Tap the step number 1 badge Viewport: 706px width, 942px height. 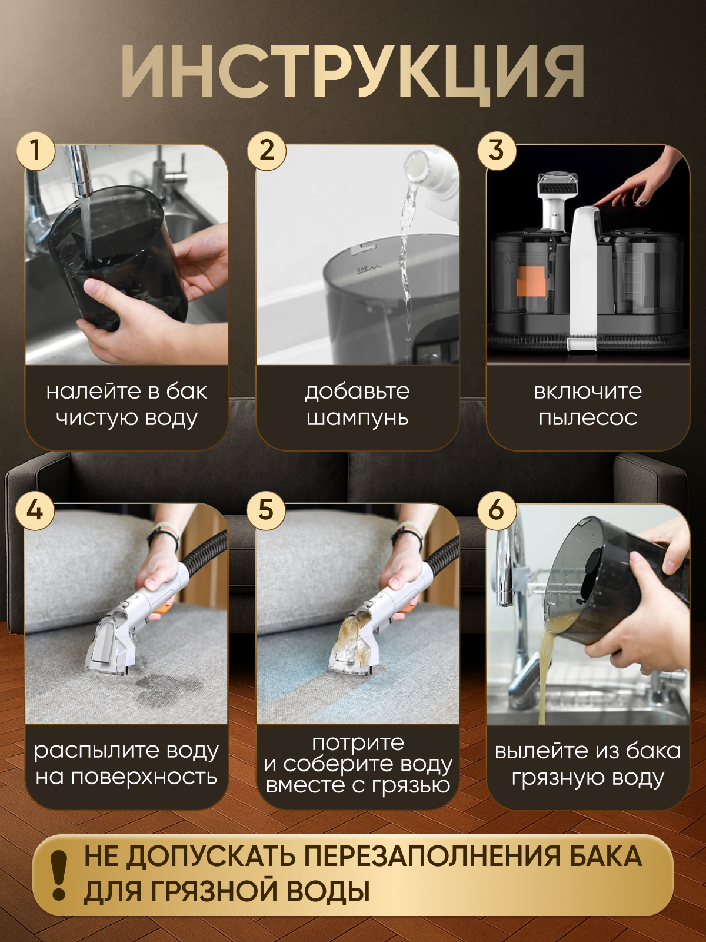click(x=36, y=151)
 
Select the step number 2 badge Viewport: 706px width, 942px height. click(x=267, y=151)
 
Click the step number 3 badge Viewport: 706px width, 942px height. click(x=497, y=151)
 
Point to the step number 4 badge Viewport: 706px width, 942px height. click(x=35, y=510)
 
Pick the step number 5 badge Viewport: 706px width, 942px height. click(x=266, y=510)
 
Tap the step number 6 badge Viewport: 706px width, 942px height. click(x=497, y=510)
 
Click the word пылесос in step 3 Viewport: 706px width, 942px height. click(x=588, y=417)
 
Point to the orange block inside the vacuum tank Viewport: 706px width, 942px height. click(x=531, y=281)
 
